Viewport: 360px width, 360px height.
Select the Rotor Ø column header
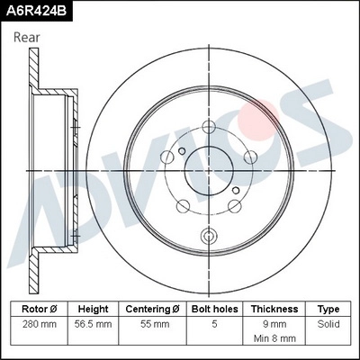click(41, 308)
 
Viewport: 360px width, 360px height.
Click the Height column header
click(93, 308)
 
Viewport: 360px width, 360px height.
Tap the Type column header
click(328, 308)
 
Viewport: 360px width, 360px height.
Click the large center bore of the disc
click(210, 170)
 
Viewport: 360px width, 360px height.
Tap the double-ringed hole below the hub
click(210, 238)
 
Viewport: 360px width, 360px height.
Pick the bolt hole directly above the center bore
click(210, 126)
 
